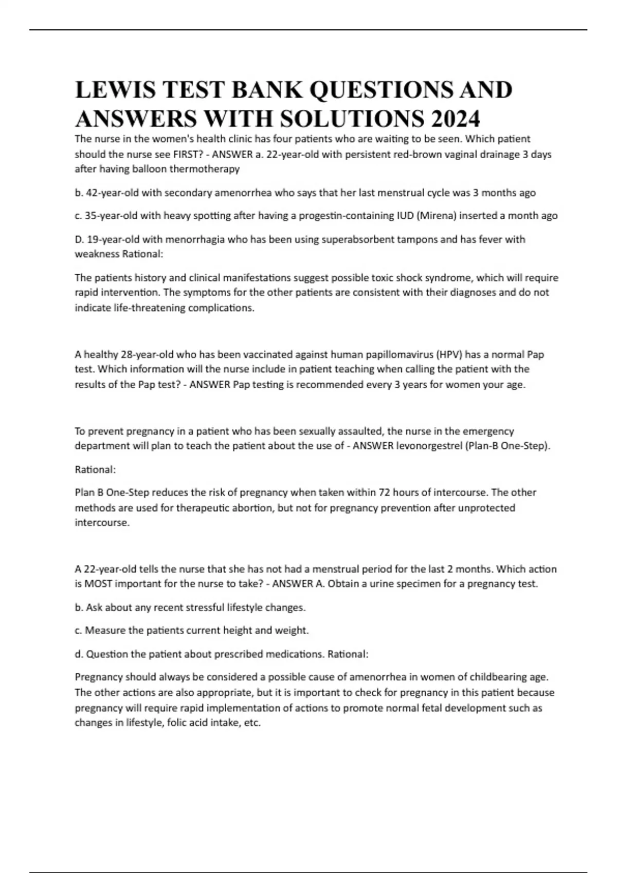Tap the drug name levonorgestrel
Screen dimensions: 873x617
pos(429,446)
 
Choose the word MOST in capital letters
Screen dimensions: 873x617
pos(98,584)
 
